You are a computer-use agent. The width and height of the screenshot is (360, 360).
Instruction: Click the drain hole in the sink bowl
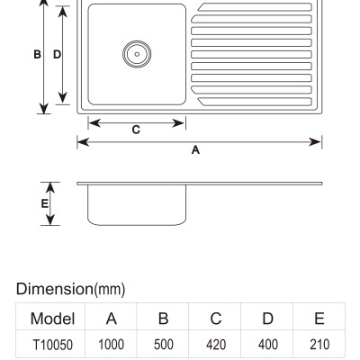137,54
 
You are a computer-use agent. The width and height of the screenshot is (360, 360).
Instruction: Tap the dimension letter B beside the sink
37,55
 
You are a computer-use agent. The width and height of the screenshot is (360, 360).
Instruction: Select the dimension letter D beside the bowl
57,55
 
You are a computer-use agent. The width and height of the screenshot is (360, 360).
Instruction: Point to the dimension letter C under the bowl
136,130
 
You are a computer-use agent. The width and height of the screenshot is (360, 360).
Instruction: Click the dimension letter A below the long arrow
195,149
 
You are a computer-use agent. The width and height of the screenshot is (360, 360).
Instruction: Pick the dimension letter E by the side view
44,203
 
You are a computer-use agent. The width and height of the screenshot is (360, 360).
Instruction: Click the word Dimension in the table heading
55,289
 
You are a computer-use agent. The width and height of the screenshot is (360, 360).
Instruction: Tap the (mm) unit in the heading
110,290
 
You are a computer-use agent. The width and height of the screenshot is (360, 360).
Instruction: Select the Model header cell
52,319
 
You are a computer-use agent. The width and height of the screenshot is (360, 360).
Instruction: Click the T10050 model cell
52,345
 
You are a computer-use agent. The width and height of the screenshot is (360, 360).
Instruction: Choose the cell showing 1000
112,345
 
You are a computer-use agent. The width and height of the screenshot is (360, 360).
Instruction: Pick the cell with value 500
164,345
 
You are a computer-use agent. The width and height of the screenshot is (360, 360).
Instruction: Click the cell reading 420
216,345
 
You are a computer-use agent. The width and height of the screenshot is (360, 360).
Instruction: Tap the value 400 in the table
268,345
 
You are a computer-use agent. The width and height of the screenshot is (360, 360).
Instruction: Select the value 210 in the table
319,345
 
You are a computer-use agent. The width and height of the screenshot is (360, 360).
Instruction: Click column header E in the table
319,319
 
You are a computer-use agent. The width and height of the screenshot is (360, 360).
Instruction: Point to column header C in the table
216,319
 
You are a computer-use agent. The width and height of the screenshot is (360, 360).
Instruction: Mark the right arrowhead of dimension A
315,142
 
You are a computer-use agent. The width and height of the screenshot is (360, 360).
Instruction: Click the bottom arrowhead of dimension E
50,220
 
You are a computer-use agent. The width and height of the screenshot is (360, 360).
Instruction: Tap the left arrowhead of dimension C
94,123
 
